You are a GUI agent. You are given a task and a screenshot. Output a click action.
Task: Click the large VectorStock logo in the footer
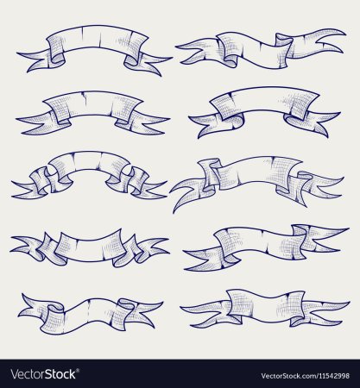coord(43,374)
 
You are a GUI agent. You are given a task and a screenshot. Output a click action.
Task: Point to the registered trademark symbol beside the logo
coord(78,370)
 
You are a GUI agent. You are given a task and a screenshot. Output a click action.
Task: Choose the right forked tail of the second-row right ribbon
coord(313,122)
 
